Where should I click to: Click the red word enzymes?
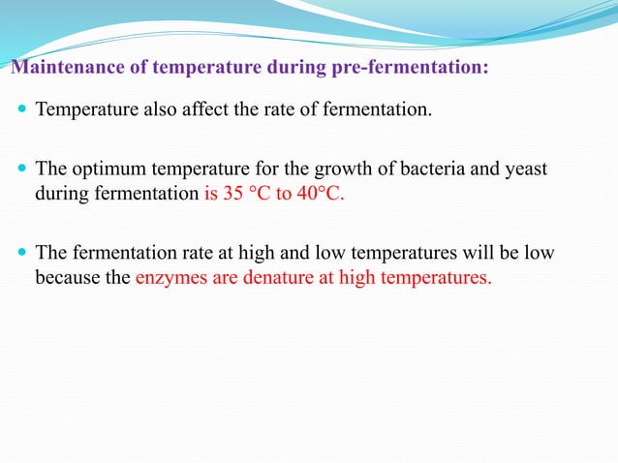(170, 279)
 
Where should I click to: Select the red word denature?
(274, 279)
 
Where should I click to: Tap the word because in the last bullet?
(67, 279)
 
